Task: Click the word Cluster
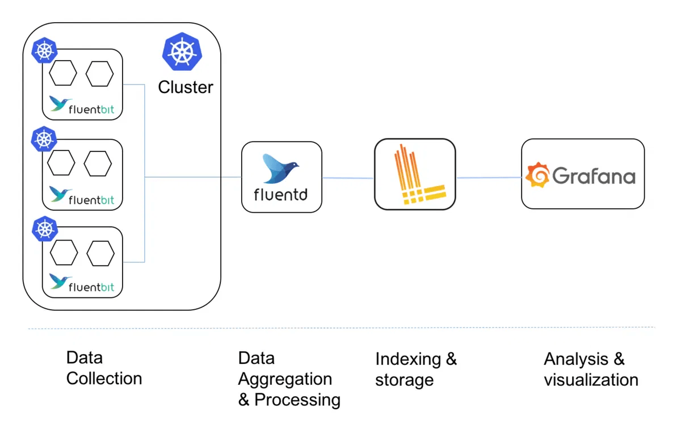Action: pos(186,87)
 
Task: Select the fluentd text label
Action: pos(281,195)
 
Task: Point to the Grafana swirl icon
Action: pos(537,175)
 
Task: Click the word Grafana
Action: pos(594,176)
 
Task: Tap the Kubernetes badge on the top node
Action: pos(44,52)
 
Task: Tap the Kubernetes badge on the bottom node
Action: pos(44,229)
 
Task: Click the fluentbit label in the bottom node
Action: pos(91,287)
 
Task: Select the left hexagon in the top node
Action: pos(62,75)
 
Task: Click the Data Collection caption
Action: pos(104,368)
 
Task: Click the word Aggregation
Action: pos(285,379)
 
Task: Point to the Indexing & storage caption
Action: pos(416,369)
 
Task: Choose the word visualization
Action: pos(591,380)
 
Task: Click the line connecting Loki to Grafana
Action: pos(489,178)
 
